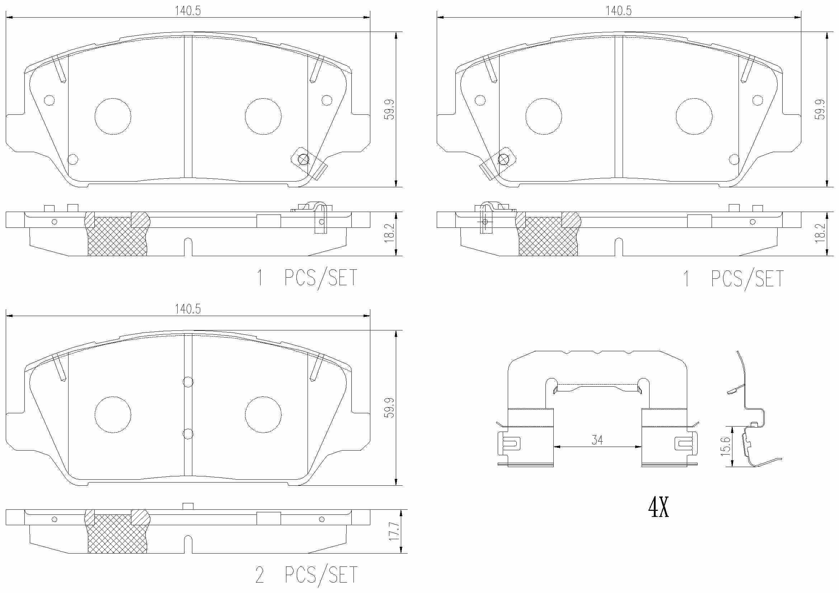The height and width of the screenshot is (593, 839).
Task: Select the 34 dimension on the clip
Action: coord(597,440)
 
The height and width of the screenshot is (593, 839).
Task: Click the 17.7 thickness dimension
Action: coord(394,531)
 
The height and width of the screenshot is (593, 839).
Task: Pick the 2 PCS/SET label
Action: coord(306,575)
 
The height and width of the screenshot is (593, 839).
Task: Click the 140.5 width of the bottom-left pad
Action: coord(188,309)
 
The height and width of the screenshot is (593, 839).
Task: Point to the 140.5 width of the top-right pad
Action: coord(619,11)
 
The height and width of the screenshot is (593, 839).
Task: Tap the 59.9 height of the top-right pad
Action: coord(820,109)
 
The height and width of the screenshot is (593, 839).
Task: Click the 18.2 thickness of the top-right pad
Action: coord(820,233)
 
